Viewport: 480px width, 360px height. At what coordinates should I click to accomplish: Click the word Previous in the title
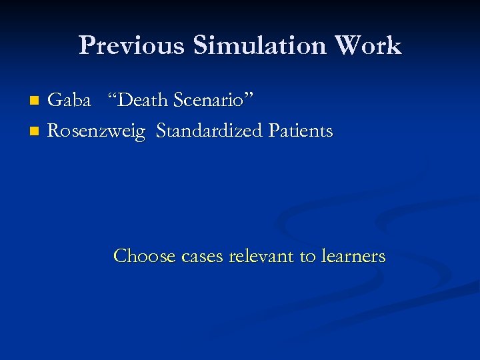(133, 46)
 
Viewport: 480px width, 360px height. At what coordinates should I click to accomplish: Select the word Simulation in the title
(260, 46)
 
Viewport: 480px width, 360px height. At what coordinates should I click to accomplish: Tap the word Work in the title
(369, 46)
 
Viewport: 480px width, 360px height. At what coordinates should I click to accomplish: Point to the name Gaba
(69, 101)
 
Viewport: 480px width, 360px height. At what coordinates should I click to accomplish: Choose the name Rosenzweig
(97, 132)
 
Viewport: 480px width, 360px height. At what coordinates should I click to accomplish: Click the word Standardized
(210, 131)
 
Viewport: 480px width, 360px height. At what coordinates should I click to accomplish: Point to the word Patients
(301, 131)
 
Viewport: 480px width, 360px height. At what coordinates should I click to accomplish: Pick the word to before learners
(309, 257)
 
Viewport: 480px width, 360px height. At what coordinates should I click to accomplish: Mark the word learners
(353, 256)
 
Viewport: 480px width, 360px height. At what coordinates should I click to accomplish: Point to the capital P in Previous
(87, 46)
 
